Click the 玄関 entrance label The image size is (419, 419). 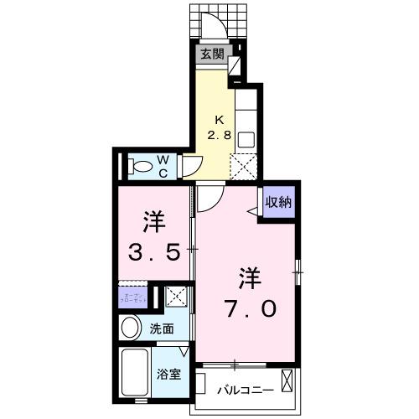(x=212, y=55)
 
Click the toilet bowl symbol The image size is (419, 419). (x=141, y=165)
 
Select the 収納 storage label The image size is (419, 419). (x=278, y=202)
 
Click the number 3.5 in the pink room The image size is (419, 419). (x=154, y=251)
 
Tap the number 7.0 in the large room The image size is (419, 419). (x=247, y=308)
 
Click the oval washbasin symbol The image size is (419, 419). (x=131, y=328)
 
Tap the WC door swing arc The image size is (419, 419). (x=192, y=166)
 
